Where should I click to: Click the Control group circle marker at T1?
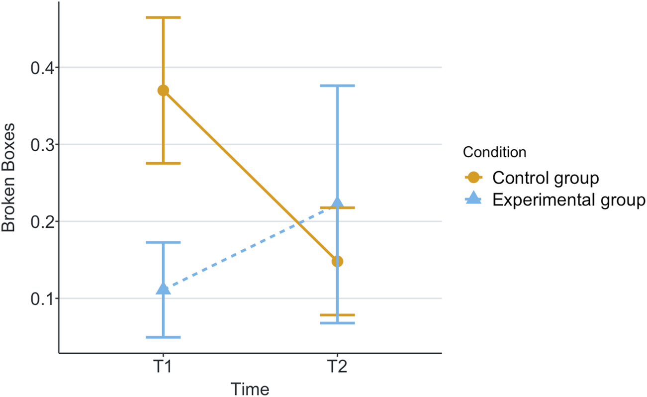pos(163,91)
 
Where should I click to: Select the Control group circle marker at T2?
pos(337,261)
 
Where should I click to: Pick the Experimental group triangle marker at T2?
pos(337,202)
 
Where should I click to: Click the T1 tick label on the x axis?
pos(163,369)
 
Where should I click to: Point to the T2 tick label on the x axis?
pos(337,369)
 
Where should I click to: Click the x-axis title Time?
pos(250,388)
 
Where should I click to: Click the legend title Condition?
pos(494,152)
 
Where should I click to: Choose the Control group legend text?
pos(545,177)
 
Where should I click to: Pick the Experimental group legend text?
pos(568,200)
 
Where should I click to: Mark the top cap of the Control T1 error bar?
pos(163,17)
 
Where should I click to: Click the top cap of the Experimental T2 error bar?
pos(337,86)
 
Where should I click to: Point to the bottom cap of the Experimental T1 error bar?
pos(163,337)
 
